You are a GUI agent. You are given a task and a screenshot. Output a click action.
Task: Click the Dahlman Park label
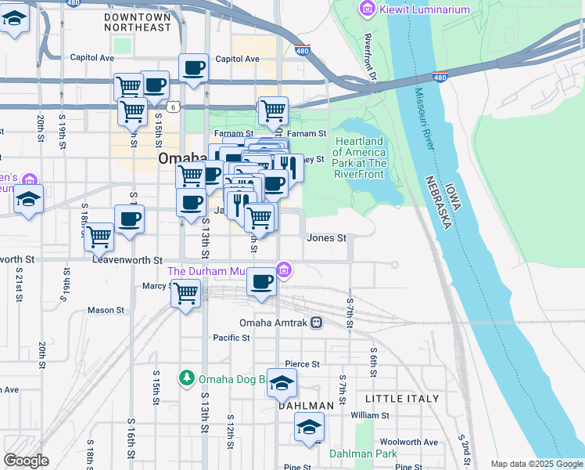click(x=363, y=454)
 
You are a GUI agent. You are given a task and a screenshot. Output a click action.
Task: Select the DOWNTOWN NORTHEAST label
click(x=138, y=22)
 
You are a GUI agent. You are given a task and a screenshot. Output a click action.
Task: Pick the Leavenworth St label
click(x=127, y=259)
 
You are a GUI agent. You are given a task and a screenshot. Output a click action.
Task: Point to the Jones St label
click(x=326, y=237)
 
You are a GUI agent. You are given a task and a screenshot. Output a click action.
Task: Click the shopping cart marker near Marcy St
click(x=185, y=295)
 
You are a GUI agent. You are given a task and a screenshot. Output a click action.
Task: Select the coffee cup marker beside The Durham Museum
click(x=262, y=280)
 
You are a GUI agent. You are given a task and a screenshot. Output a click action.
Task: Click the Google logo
click(x=26, y=461)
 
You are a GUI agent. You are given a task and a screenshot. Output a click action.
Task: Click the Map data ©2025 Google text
click(x=536, y=464)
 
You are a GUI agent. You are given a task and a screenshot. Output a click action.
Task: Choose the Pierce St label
click(x=303, y=364)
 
